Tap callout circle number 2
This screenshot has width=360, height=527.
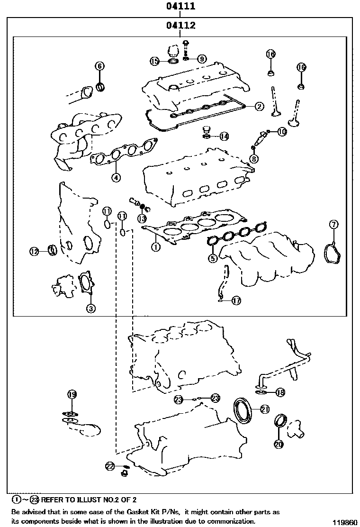[259, 106]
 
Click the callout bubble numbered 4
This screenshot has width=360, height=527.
[116, 178]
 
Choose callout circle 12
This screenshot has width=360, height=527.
[34, 252]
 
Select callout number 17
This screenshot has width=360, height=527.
[236, 300]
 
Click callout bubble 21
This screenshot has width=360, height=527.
[265, 408]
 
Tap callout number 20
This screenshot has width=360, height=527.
[278, 444]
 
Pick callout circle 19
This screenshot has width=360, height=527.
[72, 394]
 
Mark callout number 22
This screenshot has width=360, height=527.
[110, 466]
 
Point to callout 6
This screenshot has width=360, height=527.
[99, 66]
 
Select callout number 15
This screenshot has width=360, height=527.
[155, 61]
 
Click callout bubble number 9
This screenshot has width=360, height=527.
[202, 59]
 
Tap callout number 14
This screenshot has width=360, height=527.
[224, 136]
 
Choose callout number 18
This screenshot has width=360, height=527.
[280, 392]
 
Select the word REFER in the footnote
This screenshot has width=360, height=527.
[53, 500]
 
